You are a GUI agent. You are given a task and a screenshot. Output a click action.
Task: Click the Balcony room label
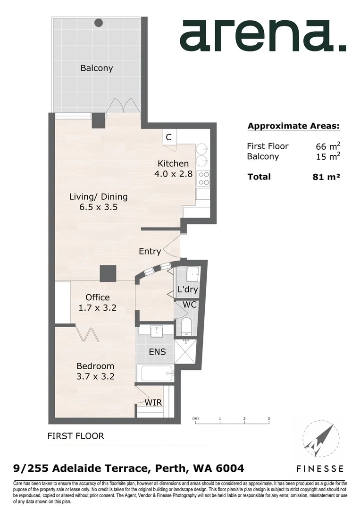[97, 68]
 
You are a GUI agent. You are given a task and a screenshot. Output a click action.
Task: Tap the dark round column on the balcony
[99, 22]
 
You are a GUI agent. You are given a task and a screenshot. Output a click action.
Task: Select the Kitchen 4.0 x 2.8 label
[173, 169]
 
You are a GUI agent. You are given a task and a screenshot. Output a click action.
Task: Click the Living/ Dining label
[98, 202]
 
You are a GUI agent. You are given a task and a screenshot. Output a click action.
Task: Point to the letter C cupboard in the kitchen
[168, 137]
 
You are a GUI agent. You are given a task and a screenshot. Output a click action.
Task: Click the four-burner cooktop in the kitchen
[204, 178]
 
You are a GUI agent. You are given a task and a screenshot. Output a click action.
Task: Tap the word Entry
[150, 252]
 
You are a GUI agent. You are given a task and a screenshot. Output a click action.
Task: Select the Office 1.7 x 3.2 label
[98, 303]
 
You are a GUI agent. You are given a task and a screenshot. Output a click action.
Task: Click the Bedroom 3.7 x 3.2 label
[96, 371]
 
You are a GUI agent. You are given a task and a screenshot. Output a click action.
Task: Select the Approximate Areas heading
[293, 126]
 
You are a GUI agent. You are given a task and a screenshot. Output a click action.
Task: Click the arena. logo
[262, 35]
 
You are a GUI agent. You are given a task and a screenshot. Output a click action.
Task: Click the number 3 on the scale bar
[268, 419]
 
